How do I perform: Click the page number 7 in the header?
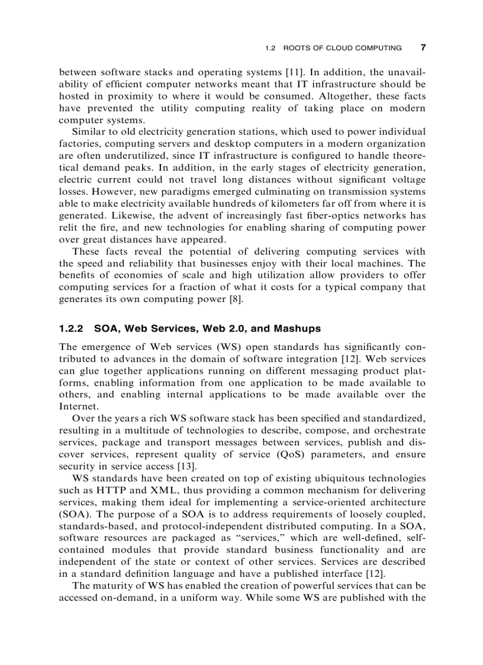(x=423, y=47)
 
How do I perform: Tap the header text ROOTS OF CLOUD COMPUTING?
(x=342, y=48)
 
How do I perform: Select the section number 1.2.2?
(x=73, y=328)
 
